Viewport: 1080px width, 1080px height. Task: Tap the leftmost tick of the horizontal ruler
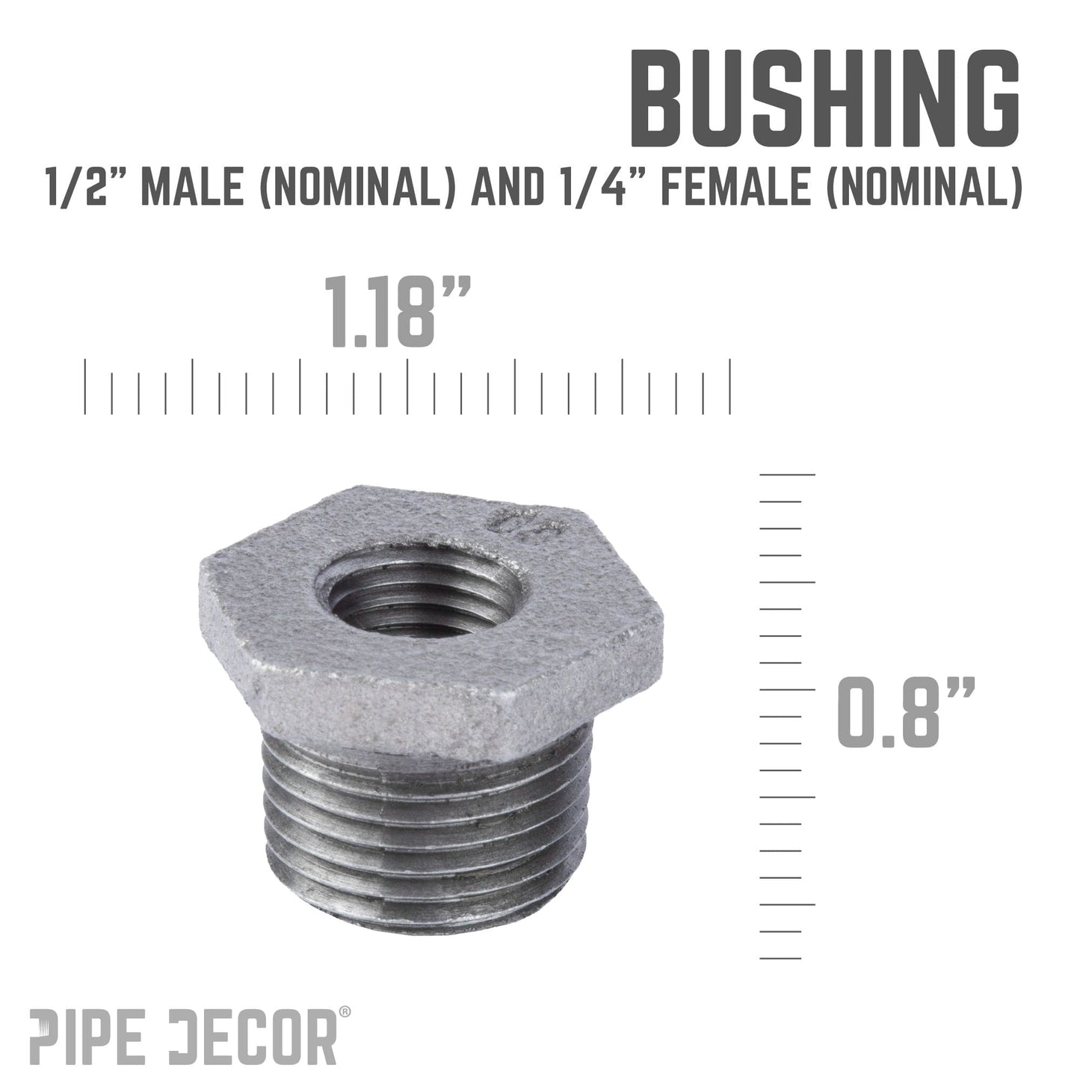click(85, 386)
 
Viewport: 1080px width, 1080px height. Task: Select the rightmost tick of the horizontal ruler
click(730, 386)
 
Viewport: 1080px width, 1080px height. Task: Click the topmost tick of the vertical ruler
click(787, 475)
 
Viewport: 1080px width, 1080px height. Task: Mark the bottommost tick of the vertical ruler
click(780, 958)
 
